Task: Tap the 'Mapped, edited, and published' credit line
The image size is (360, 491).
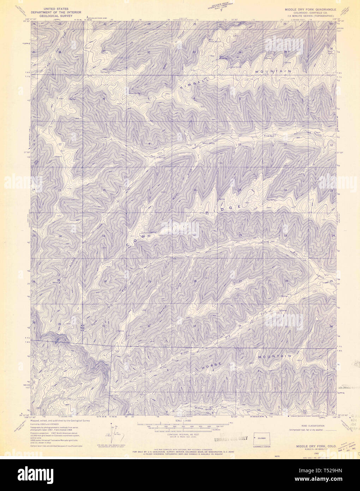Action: (60, 421)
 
